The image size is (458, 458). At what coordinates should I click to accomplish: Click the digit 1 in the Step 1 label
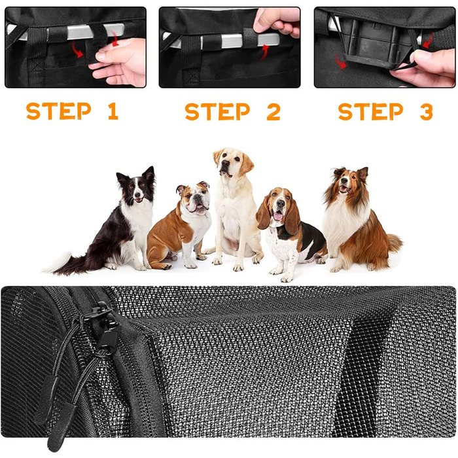[x=113, y=111]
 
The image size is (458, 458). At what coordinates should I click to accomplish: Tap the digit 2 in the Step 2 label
[x=273, y=111]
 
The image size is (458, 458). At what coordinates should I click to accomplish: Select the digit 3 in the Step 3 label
[x=427, y=111]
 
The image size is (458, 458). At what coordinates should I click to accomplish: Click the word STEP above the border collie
[x=58, y=111]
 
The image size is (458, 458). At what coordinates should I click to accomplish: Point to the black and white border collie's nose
[x=137, y=194]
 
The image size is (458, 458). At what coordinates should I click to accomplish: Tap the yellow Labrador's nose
[x=225, y=164]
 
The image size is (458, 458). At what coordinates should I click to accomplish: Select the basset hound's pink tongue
[x=278, y=216]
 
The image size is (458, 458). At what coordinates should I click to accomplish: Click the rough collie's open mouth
[x=344, y=189]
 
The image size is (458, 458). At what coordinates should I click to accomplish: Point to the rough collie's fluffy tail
[x=395, y=243]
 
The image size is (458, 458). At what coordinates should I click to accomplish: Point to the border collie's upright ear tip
[x=151, y=168]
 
